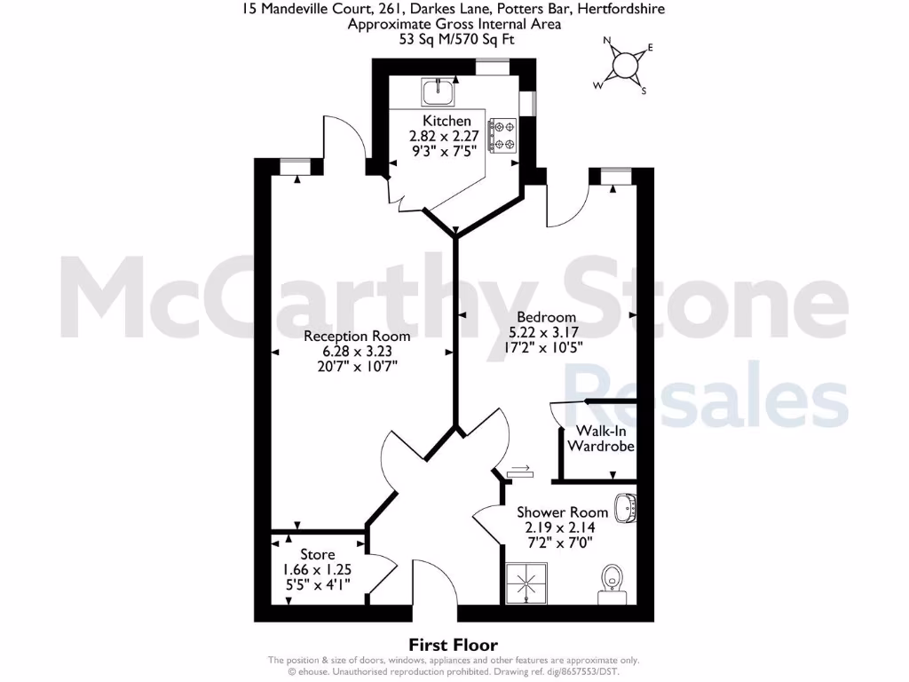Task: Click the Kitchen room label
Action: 447,121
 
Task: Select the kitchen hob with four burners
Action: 504,136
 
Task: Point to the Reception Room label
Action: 357,336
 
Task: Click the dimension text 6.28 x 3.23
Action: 357,351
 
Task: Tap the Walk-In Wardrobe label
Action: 601,439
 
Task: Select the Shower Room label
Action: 563,512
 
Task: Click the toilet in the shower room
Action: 610,578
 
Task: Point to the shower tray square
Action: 527,582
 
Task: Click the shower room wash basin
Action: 626,508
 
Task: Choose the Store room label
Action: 317,555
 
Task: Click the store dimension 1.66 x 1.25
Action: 317,570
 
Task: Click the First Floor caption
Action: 453,645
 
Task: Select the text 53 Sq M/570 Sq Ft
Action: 454,39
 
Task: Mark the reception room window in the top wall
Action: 290,166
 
